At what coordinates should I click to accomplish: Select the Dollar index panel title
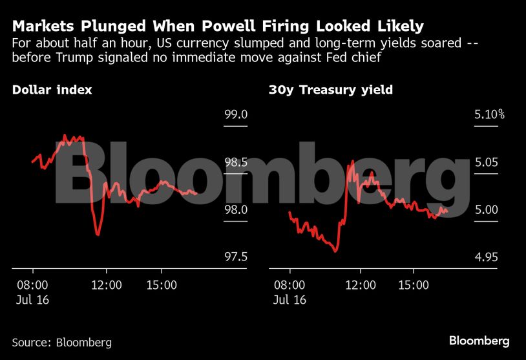(52, 90)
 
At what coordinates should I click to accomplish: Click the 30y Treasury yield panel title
(330, 90)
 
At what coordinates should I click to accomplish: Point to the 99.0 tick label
(236, 115)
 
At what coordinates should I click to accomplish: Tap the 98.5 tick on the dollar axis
(236, 162)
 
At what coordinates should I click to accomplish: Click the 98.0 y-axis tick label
(236, 210)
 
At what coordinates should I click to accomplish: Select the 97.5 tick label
(236, 257)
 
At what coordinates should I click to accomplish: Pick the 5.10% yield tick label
(489, 115)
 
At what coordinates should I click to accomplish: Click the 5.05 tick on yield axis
(486, 162)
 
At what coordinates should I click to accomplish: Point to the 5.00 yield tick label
(486, 210)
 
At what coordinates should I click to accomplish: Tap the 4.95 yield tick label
(486, 257)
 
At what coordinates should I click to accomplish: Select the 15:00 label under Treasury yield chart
(414, 284)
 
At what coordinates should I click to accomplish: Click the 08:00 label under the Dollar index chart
(32, 284)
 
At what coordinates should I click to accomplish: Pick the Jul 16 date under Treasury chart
(290, 300)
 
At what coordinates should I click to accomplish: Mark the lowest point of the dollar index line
(98, 235)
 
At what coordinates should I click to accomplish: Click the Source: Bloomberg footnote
(61, 342)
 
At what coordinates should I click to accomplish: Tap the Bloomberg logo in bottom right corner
(479, 341)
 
